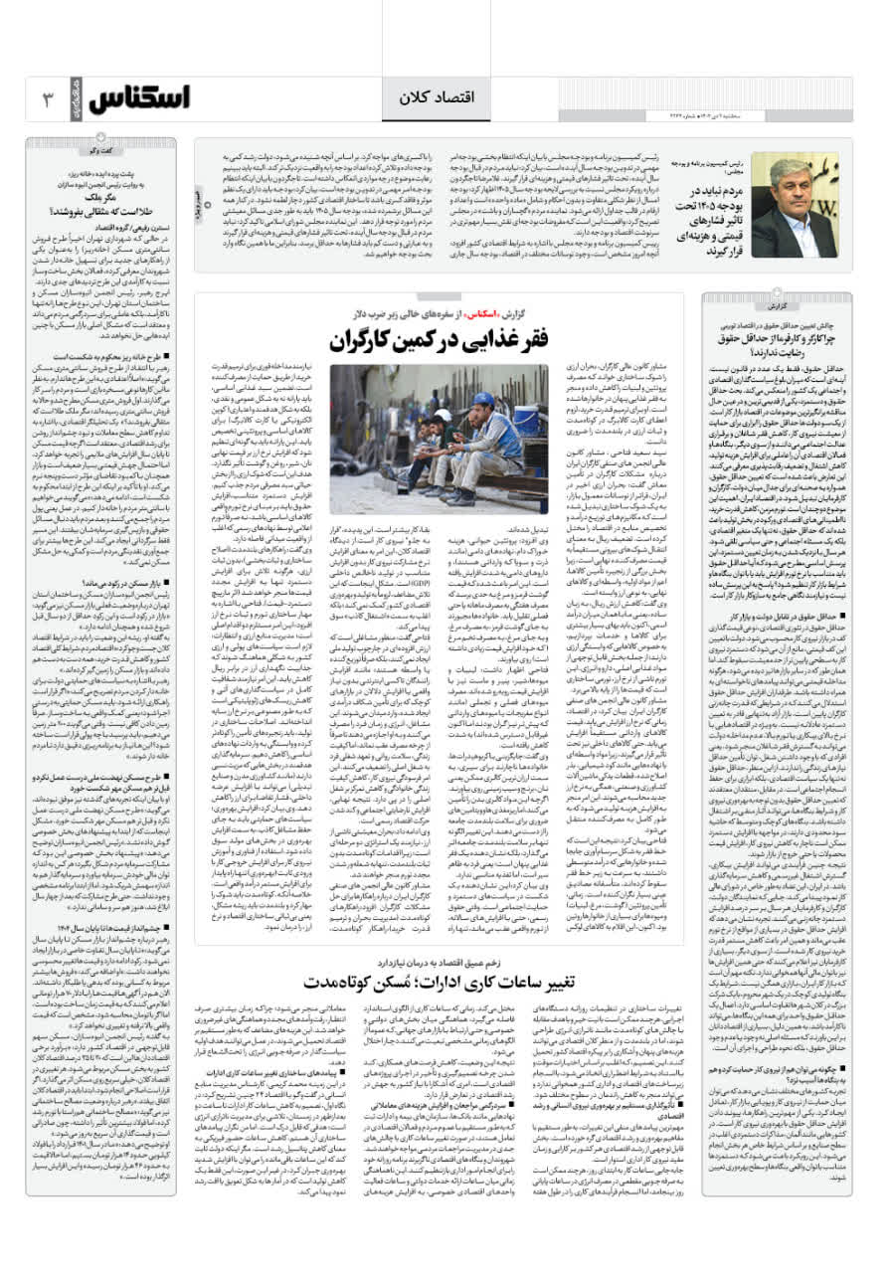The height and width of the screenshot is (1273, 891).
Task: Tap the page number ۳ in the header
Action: point(46,98)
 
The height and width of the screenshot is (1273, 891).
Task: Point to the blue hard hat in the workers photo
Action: point(509,400)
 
